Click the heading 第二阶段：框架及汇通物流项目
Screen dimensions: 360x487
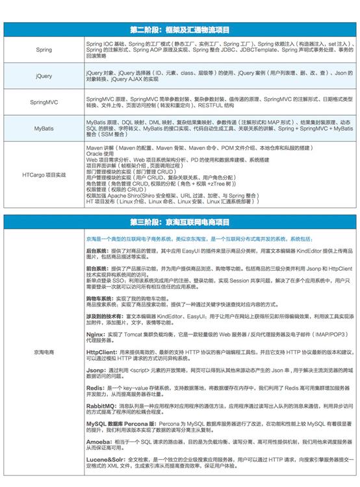click(x=180, y=29)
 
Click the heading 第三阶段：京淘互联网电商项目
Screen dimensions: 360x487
click(x=180, y=203)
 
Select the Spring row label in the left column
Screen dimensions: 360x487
click(x=44, y=49)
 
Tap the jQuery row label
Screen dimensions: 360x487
click(x=44, y=75)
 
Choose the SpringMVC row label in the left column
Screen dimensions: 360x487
click(x=44, y=102)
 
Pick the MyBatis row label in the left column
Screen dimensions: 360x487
click(x=44, y=129)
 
